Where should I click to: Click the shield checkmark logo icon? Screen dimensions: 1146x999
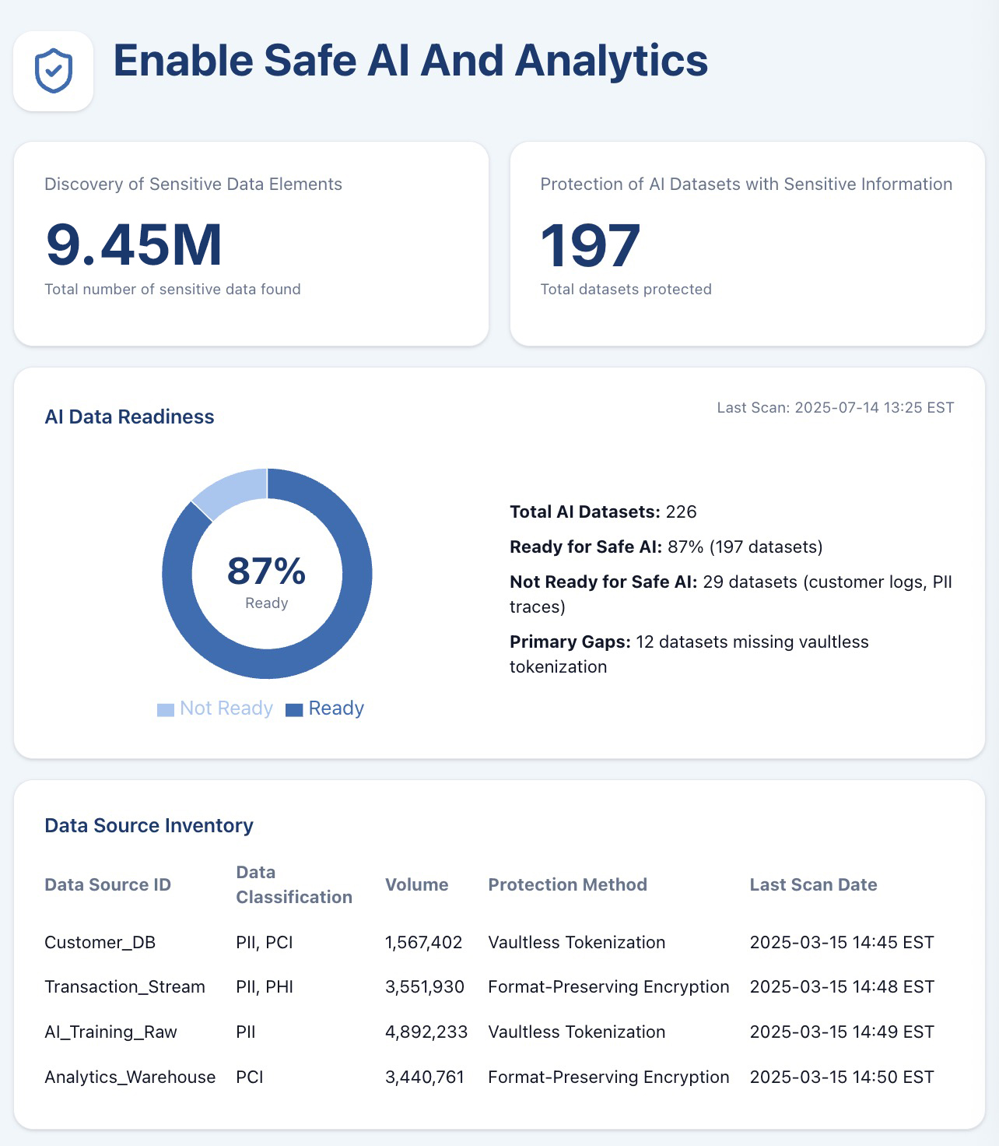point(54,71)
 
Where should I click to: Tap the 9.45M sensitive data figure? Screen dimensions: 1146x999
point(134,245)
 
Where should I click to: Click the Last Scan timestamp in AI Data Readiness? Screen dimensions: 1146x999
point(835,408)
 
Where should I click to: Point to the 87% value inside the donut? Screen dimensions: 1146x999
point(266,571)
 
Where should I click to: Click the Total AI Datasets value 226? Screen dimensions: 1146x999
point(681,512)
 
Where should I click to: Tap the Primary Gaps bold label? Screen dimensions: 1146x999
point(570,642)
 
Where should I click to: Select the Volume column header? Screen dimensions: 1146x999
point(416,885)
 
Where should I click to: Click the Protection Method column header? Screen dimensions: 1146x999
point(567,885)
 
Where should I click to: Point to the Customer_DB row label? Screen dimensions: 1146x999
point(100,943)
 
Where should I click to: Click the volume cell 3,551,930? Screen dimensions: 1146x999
point(424,987)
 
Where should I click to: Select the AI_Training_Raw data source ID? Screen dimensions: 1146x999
point(110,1032)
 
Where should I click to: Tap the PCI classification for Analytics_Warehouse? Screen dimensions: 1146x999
point(250,1077)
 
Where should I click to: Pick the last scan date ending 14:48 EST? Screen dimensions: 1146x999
point(842,987)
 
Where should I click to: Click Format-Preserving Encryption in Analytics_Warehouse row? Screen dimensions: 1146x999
point(608,1077)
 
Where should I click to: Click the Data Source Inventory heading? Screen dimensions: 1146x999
point(149,826)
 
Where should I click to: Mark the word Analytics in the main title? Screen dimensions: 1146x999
point(611,62)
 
